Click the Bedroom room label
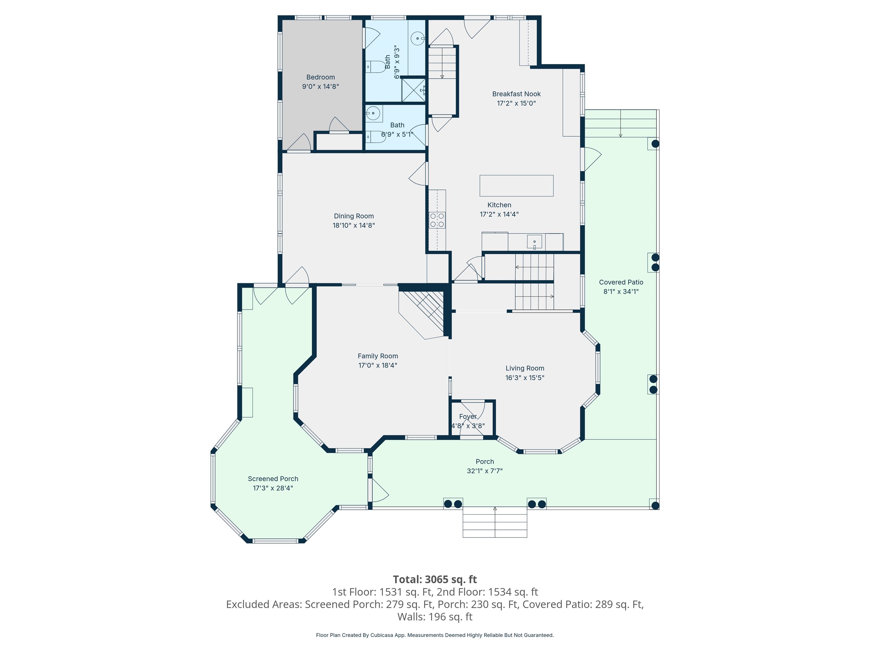(x=321, y=77)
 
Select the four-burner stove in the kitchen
(x=437, y=220)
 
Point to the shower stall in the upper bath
(x=413, y=90)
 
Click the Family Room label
(x=378, y=356)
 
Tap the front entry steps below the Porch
(x=494, y=522)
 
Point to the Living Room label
(x=525, y=368)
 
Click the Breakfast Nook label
(x=516, y=94)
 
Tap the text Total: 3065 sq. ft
(x=435, y=579)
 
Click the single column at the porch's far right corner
(x=654, y=505)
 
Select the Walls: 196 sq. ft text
(x=435, y=617)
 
